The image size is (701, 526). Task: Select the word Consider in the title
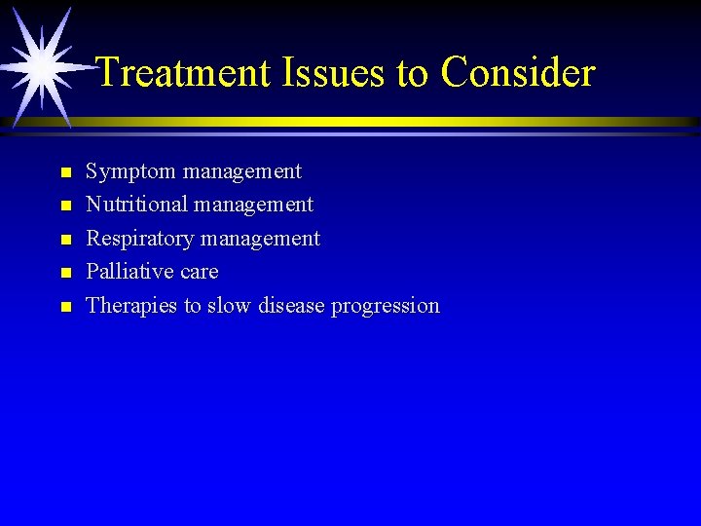(x=517, y=72)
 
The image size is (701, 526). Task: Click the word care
(x=199, y=272)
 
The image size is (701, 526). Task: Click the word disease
(x=293, y=305)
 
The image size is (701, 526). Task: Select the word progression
(x=386, y=307)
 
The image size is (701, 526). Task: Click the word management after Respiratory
(x=260, y=240)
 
